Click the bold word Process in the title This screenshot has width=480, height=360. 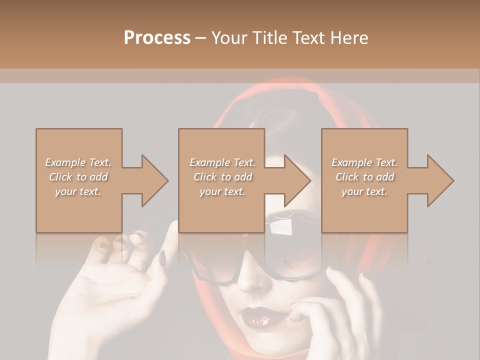click(x=157, y=38)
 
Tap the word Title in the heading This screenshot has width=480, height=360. click(x=269, y=38)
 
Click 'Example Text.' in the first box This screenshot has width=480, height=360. click(x=78, y=162)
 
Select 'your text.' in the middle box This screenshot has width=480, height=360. click(x=222, y=191)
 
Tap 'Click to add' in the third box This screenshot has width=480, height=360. click(x=364, y=177)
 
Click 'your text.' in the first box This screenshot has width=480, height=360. click(x=78, y=191)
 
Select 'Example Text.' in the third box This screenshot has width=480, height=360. click(x=364, y=162)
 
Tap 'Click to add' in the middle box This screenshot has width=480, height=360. click(x=222, y=177)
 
